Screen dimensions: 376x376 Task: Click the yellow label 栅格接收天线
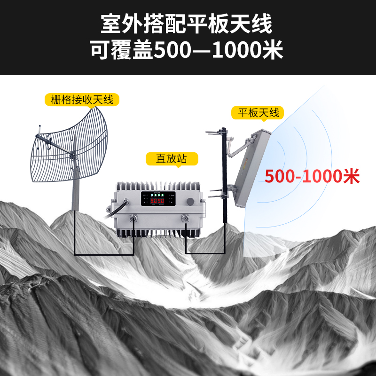pyautogui.click(x=82, y=100)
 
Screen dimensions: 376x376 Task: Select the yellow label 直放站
pyautogui.click(x=171, y=159)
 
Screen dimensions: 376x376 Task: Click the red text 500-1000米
pyautogui.click(x=312, y=176)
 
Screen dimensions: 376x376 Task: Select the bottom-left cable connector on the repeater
pyautogui.click(x=133, y=218)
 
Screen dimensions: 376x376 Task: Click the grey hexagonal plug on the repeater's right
pyautogui.click(x=190, y=201)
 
